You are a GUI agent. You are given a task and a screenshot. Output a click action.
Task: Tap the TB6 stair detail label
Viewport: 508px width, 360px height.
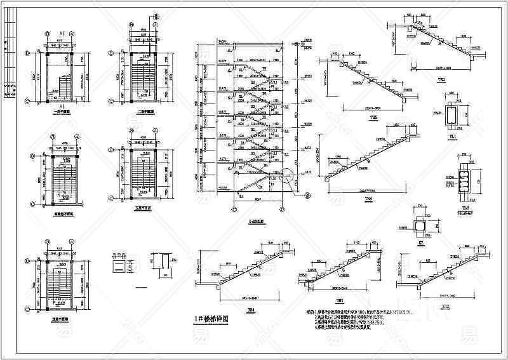tap(368, 200)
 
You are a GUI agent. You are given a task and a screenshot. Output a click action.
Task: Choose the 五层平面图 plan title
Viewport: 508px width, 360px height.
tap(142, 206)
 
